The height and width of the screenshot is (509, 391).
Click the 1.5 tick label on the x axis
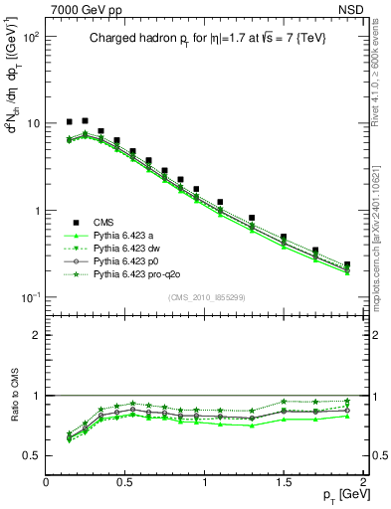pos(284,481)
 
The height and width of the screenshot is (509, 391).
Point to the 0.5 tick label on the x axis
pos(125,481)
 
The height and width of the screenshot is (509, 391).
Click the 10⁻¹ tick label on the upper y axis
pos(30,298)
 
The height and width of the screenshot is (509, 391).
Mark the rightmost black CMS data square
pos(346,265)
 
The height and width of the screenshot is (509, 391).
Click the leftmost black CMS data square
pos(69,121)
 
